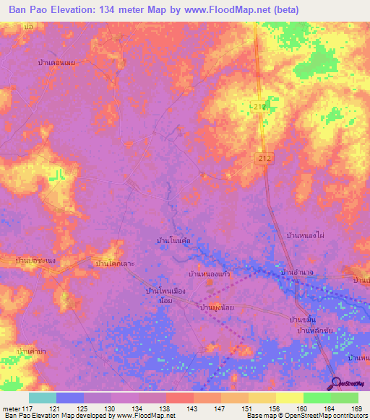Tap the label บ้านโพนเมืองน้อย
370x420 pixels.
click(165, 294)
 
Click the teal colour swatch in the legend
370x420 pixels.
click(42, 398)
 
